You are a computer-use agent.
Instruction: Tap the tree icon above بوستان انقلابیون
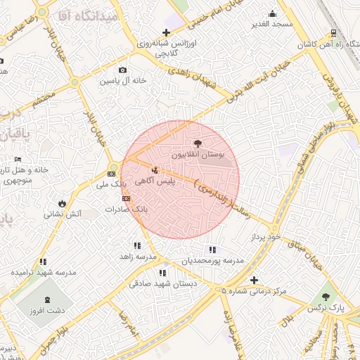point(198,143)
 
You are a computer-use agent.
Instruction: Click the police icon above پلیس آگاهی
point(155,169)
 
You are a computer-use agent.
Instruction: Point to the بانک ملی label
point(112,184)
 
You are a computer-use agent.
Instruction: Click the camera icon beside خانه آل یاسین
point(123,70)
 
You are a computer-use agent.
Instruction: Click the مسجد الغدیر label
point(272,25)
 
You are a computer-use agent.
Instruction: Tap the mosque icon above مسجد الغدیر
point(272,14)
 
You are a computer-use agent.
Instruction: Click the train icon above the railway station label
point(332,32)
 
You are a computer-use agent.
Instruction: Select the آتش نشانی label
point(63,213)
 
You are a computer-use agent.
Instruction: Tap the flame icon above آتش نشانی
point(63,202)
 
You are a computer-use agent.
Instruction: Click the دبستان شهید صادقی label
point(162,284)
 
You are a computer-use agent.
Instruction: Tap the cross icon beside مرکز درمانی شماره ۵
point(254,279)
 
